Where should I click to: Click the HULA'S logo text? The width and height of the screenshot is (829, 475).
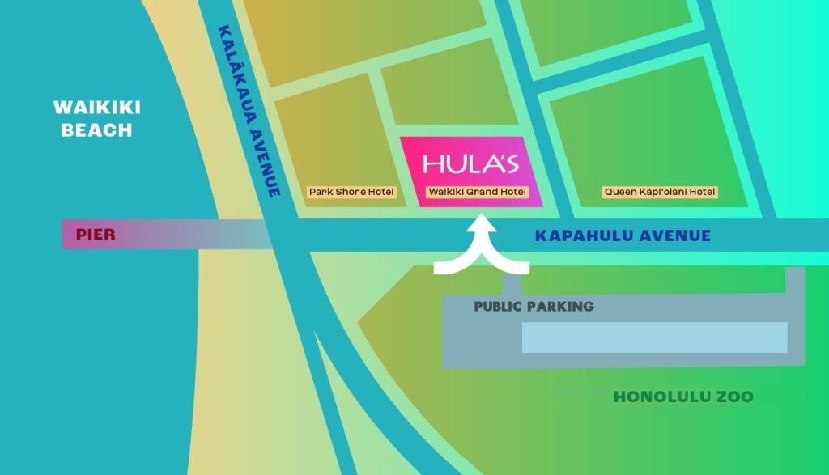click(470, 163)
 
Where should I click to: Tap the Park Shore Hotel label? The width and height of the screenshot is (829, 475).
click(351, 193)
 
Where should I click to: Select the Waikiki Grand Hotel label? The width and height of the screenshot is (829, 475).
click(477, 193)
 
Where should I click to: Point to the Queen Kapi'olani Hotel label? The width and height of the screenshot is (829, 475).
click(661, 193)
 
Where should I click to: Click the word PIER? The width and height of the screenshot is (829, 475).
click(95, 235)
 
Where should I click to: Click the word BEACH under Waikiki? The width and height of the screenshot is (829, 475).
click(97, 130)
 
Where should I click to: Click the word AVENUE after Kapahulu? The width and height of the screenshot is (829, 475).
click(675, 236)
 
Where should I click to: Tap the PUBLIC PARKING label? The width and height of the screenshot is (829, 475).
click(534, 307)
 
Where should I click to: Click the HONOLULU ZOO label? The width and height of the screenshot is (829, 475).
click(683, 397)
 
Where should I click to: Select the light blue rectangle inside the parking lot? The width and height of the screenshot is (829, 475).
click(654, 337)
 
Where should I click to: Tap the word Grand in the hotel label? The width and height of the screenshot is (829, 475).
click(481, 193)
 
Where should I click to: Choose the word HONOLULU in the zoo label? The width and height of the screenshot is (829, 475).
click(661, 397)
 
